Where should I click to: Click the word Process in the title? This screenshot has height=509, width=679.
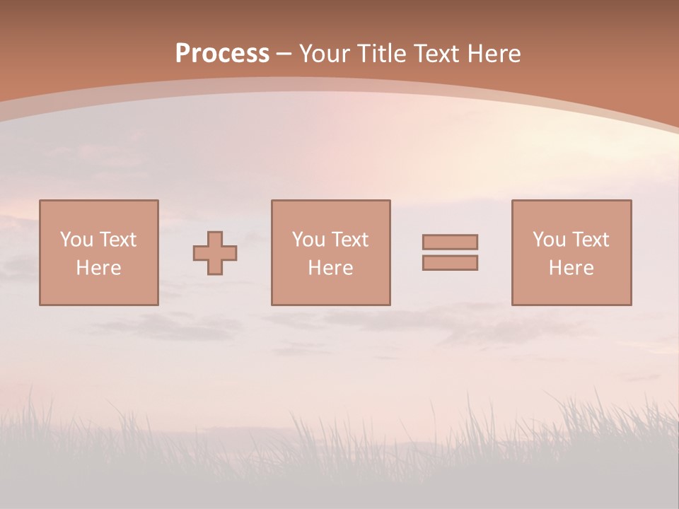222,54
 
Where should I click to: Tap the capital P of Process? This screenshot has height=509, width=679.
183,54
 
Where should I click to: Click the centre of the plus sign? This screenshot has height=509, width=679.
215,253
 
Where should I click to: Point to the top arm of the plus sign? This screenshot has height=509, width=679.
215,238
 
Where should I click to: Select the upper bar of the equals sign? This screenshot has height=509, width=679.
450,242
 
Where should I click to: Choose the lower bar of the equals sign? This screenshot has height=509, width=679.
450,263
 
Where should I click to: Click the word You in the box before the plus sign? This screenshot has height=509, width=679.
76,240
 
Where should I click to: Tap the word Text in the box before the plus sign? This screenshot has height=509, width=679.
117,240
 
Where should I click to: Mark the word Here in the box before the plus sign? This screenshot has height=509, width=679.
98,268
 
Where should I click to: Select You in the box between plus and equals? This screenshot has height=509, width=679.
308,240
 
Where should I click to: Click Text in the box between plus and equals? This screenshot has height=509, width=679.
349,240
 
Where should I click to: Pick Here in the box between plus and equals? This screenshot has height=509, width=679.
330,268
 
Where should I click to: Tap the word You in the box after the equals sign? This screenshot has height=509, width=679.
549,240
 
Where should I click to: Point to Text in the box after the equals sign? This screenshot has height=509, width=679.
590,240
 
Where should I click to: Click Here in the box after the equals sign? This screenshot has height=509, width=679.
571,268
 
